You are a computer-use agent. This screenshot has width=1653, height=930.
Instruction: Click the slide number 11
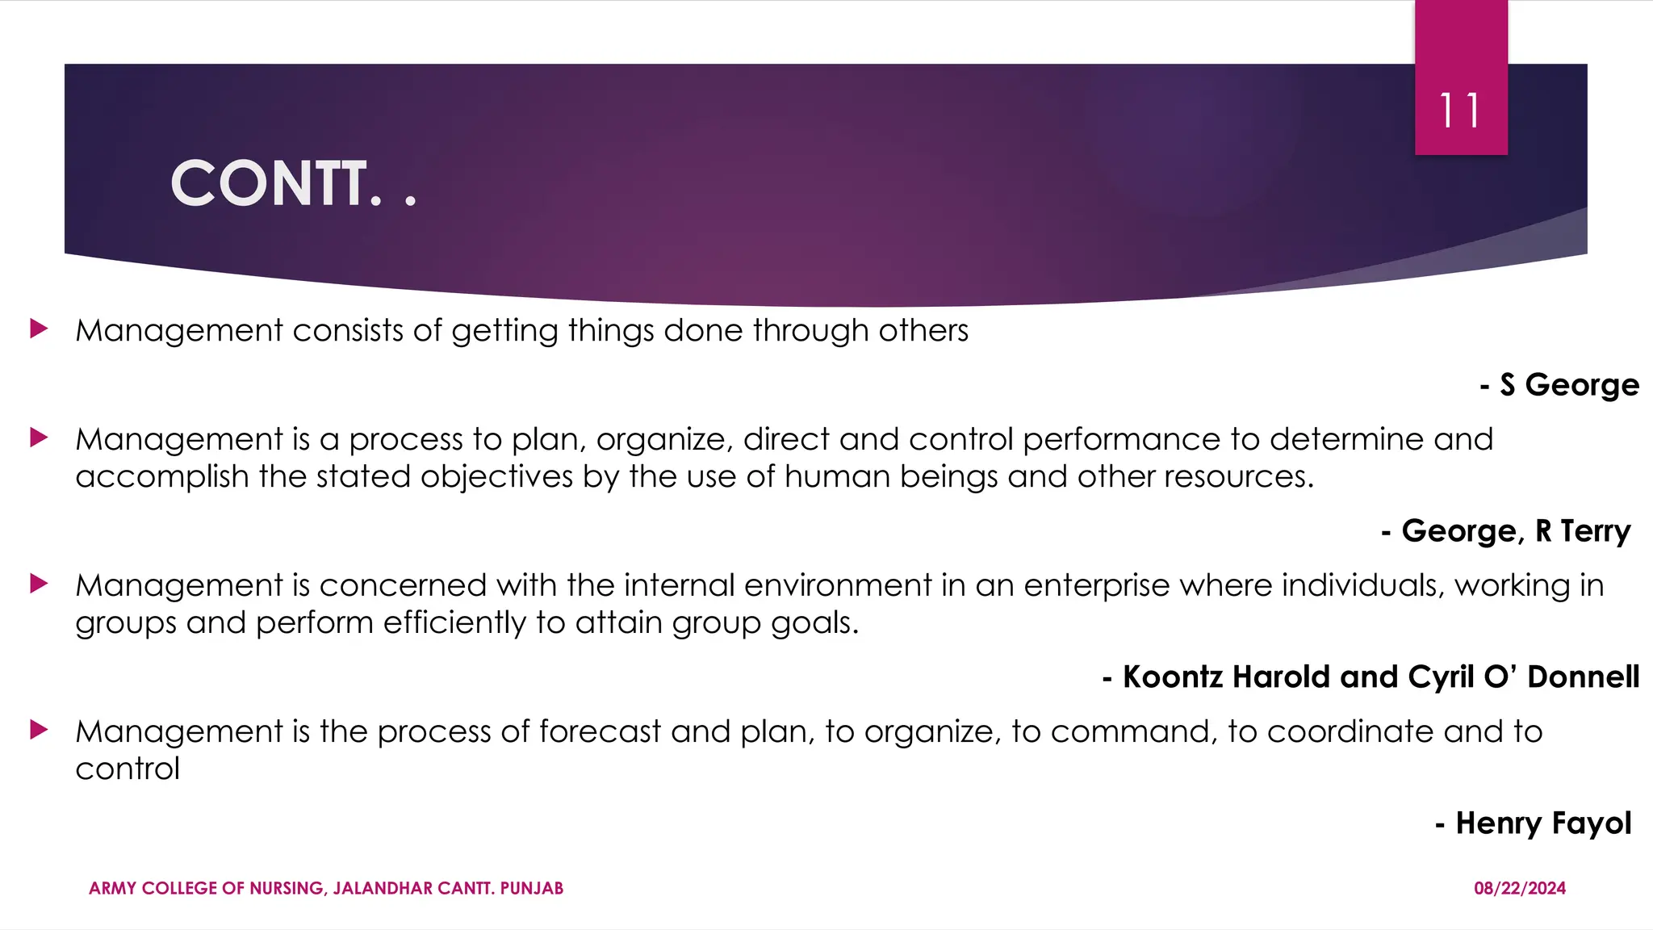tap(1460, 111)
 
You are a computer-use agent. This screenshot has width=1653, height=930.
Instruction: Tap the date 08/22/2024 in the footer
tap(1519, 888)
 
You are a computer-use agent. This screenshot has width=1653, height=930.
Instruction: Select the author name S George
tap(1569, 384)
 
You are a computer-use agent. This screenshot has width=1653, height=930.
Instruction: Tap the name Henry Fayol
tap(1542, 823)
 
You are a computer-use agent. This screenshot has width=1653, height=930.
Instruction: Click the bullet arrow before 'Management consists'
tap(39, 329)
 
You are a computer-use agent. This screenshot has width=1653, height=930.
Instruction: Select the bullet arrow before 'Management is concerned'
tap(39, 583)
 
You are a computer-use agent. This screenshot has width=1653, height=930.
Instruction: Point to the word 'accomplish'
tap(161, 477)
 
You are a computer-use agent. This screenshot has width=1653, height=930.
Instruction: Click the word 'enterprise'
tap(1096, 585)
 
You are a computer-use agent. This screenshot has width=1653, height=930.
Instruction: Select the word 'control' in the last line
tap(128, 769)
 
